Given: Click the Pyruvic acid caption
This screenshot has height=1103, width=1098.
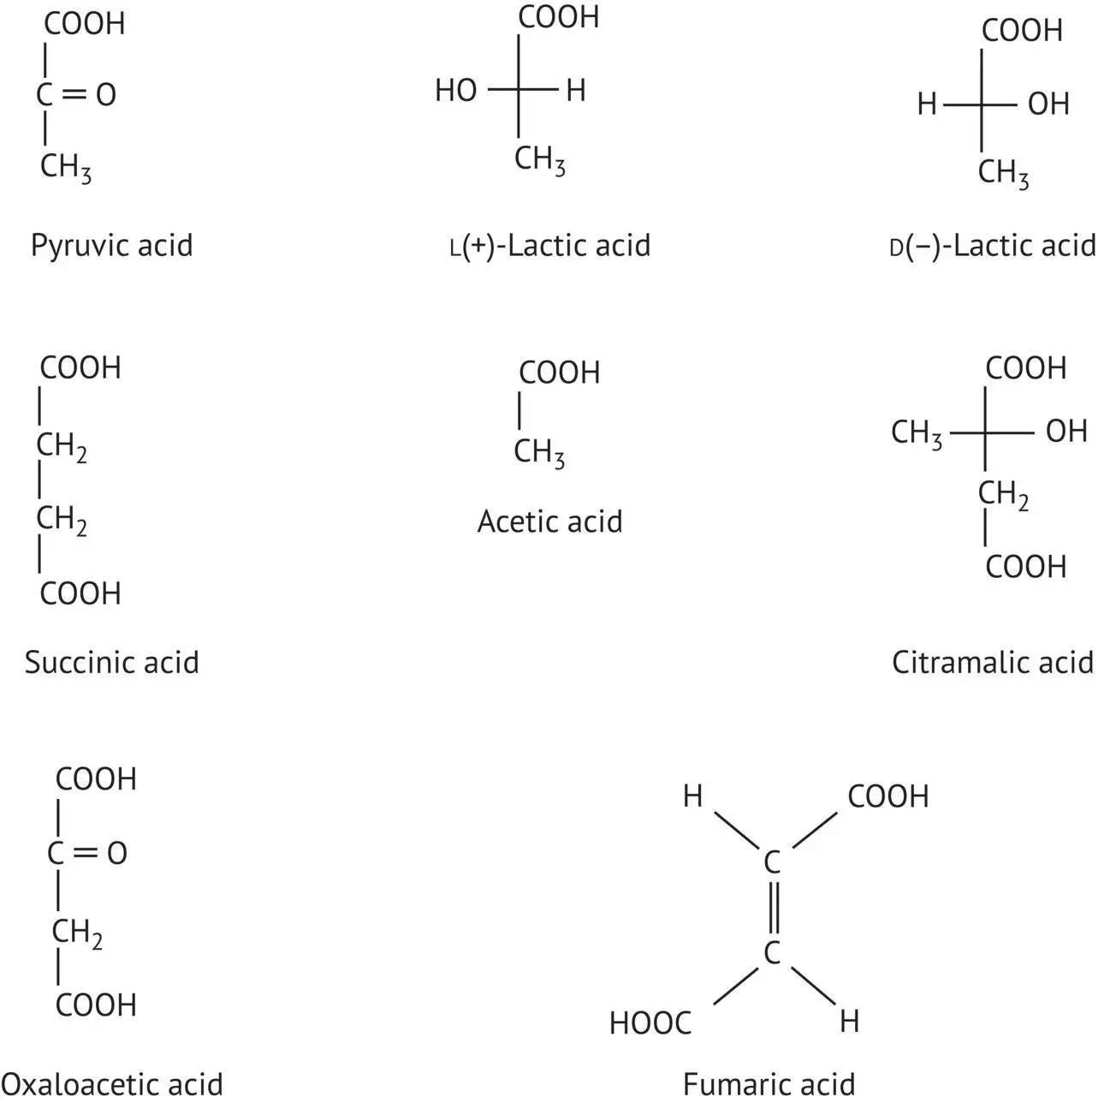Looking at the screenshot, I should pos(111,246).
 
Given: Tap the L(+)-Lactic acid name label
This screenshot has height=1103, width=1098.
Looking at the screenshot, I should pos(550,246).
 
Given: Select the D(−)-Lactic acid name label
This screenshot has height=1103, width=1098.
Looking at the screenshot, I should pos(993,247).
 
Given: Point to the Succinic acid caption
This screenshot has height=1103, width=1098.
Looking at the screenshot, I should pos(111,662).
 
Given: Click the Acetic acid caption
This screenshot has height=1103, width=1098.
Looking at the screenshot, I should pos(549,522).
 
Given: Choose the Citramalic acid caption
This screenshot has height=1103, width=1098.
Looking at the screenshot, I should pos(993,662).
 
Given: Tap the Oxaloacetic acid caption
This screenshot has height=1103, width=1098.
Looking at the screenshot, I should pos(111,1084).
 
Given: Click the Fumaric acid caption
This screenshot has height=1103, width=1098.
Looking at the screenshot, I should pos(769,1084).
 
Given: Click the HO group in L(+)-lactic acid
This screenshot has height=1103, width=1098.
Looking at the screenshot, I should pos(456,90).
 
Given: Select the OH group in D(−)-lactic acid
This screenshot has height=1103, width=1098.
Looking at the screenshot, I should pos(1048,104).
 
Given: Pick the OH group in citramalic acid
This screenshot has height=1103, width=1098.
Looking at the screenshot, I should pos(1066,432).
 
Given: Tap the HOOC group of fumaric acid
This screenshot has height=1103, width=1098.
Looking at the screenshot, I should pos(650,1023).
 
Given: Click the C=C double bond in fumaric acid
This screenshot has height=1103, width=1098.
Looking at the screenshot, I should pos(773,908).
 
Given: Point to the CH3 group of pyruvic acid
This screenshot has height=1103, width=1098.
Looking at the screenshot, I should pos(65,167).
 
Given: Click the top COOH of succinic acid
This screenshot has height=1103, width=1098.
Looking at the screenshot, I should pos(80,368).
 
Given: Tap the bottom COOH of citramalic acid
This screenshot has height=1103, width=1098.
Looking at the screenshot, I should pos(1025,567).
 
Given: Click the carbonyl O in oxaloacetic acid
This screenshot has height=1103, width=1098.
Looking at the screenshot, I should pos(117,853).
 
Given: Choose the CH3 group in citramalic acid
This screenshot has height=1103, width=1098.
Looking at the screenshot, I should pos(917,433).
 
